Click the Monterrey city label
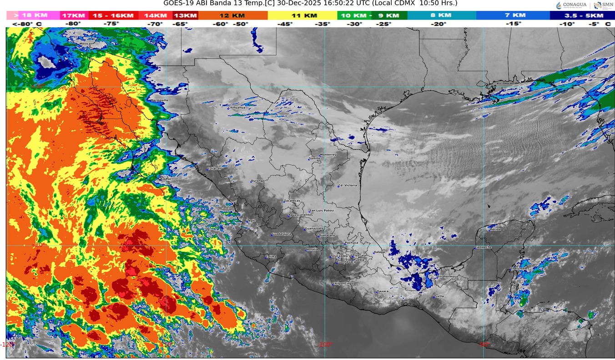[328, 155]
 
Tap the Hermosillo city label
[159, 100]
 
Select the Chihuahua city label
[236, 108]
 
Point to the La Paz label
[166, 179]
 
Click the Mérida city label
[494, 229]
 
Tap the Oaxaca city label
[383, 291]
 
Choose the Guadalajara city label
[281, 234]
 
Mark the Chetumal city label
[518, 269]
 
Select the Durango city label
[257, 181]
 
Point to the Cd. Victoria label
[348, 186]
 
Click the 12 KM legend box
[233, 15]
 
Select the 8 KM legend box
[442, 15]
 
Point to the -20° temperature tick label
[439, 24]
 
